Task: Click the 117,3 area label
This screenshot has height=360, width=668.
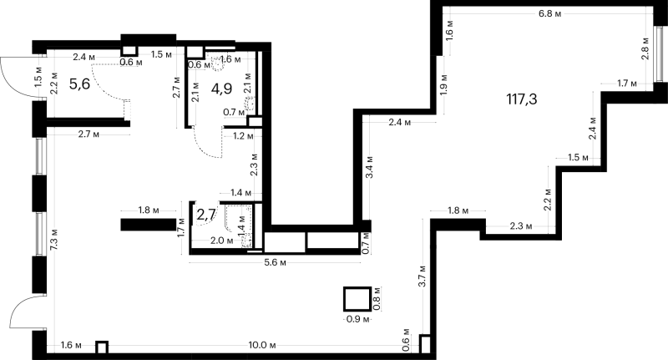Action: pos(521,99)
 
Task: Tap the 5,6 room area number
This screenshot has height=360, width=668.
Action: pos(79,84)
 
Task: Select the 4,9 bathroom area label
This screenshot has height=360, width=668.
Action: pos(221,89)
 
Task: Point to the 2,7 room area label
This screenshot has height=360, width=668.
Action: pos(206,215)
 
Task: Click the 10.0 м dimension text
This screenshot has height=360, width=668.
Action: pos(262,345)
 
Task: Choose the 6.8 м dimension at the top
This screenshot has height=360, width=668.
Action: pos(549,13)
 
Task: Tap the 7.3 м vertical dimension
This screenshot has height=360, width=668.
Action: pos(54,241)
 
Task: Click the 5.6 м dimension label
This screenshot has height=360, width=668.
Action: pos(275,262)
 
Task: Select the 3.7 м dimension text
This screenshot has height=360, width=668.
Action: pos(423,276)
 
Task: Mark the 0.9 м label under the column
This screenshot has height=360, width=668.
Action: pos(357,319)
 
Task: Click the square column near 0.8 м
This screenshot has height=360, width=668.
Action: pos(357,300)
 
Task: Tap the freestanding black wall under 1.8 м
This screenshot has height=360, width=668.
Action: pos(149,225)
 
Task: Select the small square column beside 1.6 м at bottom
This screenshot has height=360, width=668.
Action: pos(101,347)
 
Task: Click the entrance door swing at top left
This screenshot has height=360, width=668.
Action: pos(17,78)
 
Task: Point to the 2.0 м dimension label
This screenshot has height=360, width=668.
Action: pos(222,241)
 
